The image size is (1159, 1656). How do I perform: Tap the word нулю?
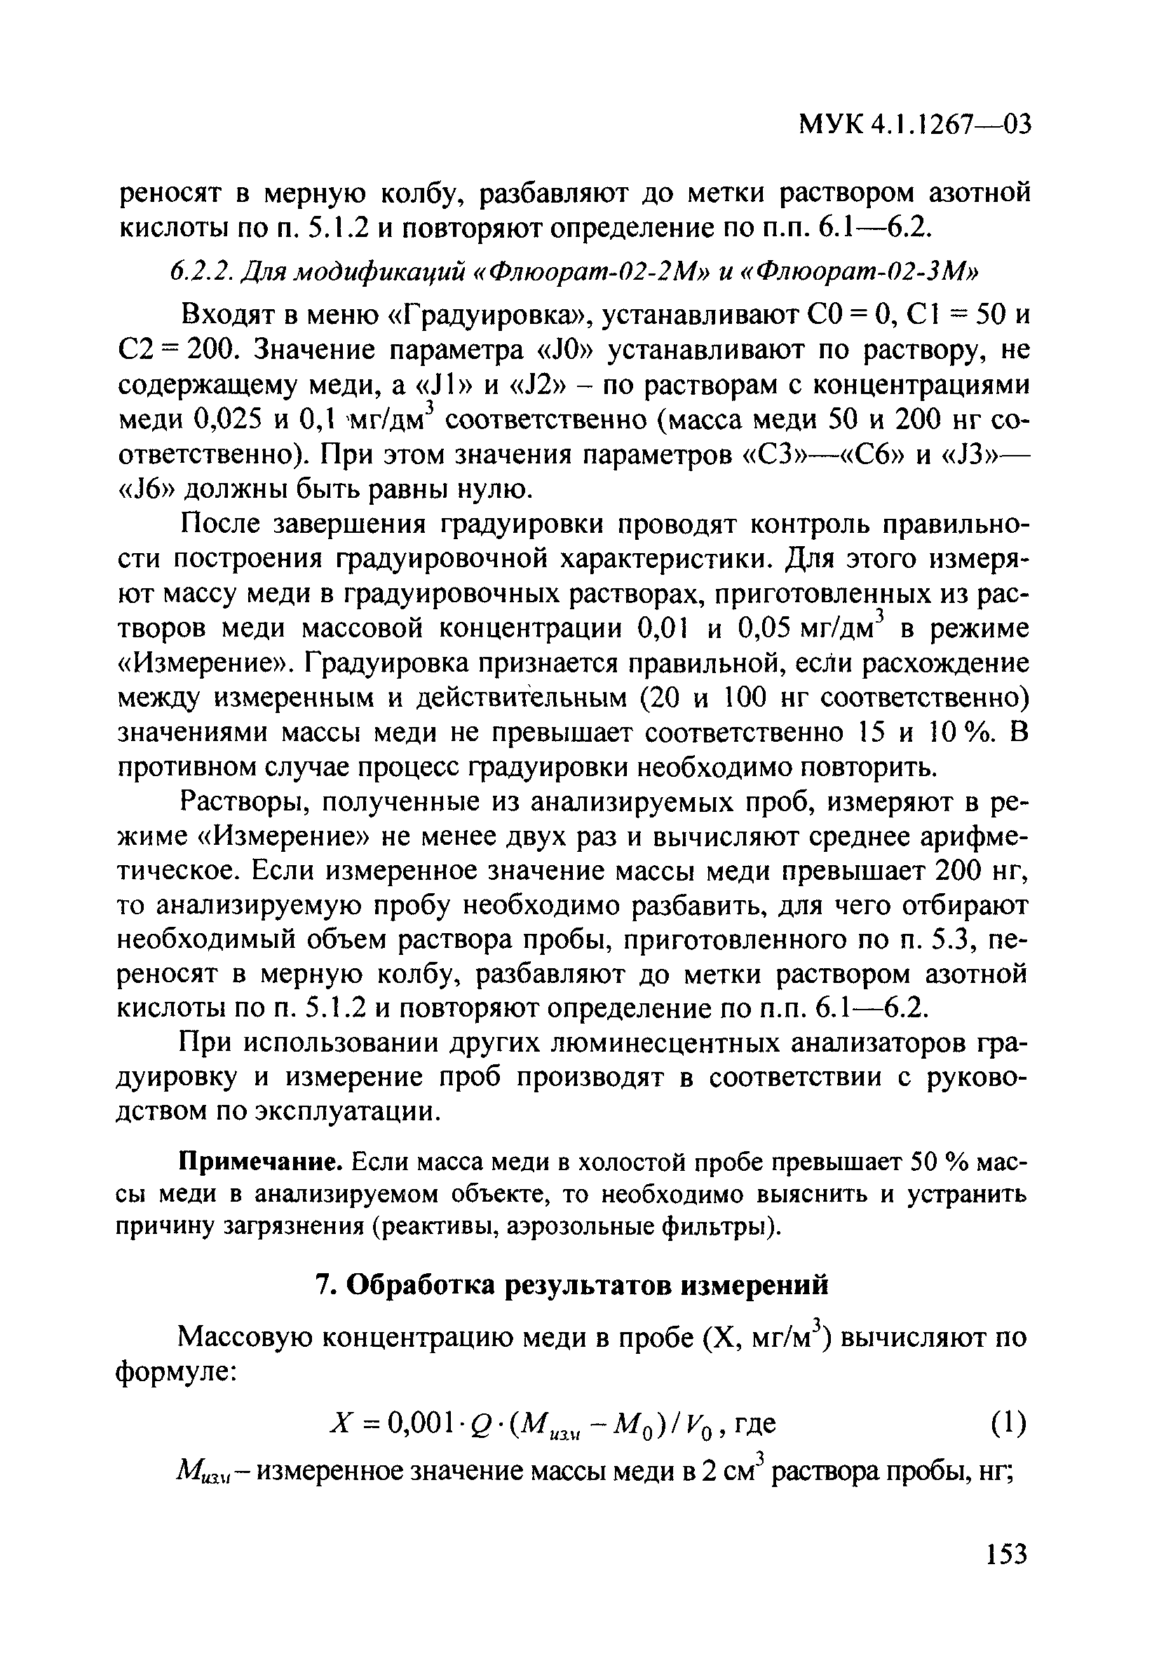492,490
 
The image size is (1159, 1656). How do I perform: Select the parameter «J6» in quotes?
146,490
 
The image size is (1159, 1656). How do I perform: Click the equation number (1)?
1005,1424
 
